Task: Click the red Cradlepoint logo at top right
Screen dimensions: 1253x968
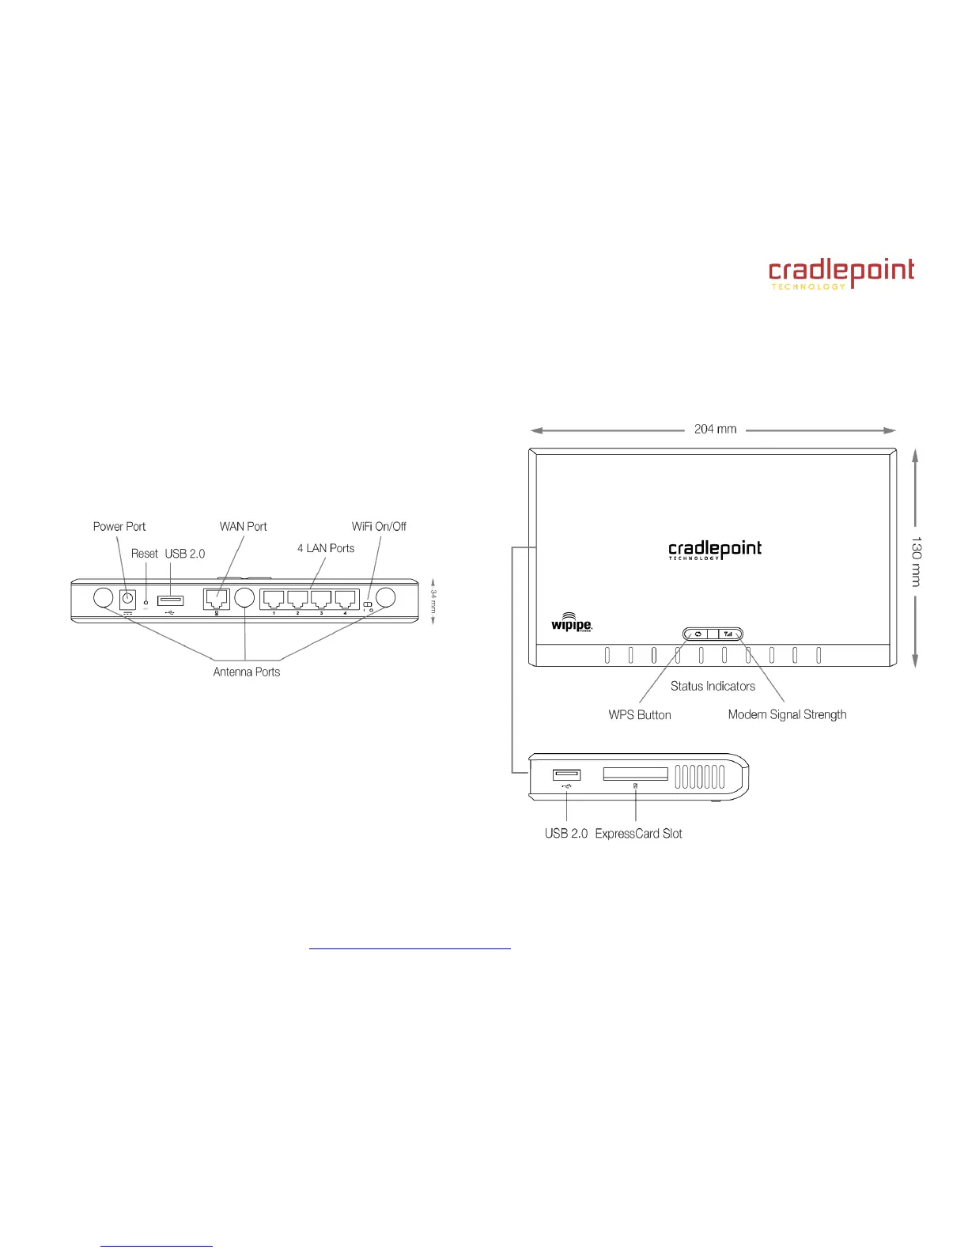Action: coord(841,273)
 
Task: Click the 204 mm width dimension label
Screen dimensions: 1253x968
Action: coord(715,429)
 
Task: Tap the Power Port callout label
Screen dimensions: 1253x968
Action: coord(119,526)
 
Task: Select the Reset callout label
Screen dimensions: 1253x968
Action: coord(145,554)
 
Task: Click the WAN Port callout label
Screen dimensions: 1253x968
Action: coord(243,526)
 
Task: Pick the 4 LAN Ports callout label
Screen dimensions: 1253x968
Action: coord(326,548)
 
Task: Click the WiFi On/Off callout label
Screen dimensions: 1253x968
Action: coord(379,526)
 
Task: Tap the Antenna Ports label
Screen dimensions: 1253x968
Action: coord(247,672)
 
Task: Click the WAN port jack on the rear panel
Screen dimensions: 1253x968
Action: coord(217,598)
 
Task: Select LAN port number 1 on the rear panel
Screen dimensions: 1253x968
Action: coord(274,598)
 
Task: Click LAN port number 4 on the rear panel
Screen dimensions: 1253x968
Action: coord(346,598)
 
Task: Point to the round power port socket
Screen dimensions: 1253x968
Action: coord(127,599)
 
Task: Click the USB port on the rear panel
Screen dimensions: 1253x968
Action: coord(171,600)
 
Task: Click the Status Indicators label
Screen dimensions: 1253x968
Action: coord(713,686)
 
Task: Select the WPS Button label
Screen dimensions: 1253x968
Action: coord(640,714)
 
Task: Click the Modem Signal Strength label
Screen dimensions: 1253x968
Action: coord(787,714)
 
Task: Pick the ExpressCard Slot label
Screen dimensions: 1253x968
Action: coord(638,833)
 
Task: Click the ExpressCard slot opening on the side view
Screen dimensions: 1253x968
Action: coord(636,773)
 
